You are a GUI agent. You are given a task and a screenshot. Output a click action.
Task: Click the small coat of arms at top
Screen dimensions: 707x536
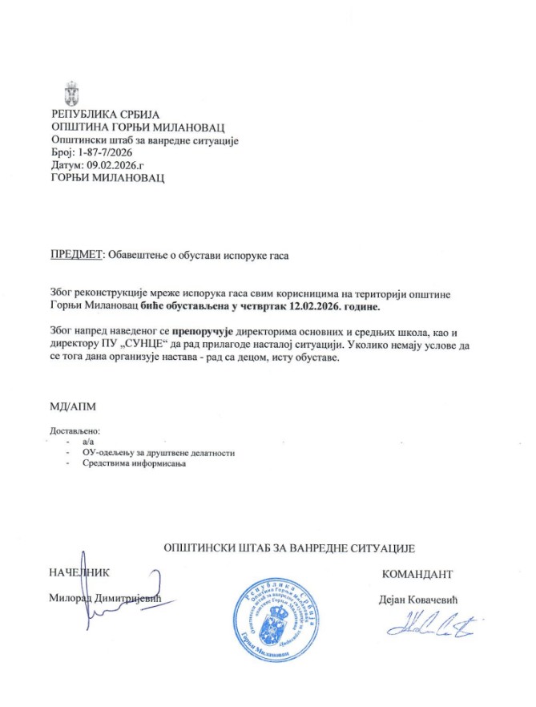click(71, 91)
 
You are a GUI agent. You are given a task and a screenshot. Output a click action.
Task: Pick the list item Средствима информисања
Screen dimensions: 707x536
click(133, 464)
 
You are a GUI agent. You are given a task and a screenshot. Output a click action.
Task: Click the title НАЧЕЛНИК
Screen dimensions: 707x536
click(79, 572)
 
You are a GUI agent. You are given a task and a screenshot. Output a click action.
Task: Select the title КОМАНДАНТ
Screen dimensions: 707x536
click(417, 574)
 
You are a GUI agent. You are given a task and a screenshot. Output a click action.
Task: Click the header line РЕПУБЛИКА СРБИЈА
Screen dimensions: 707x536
click(106, 114)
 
